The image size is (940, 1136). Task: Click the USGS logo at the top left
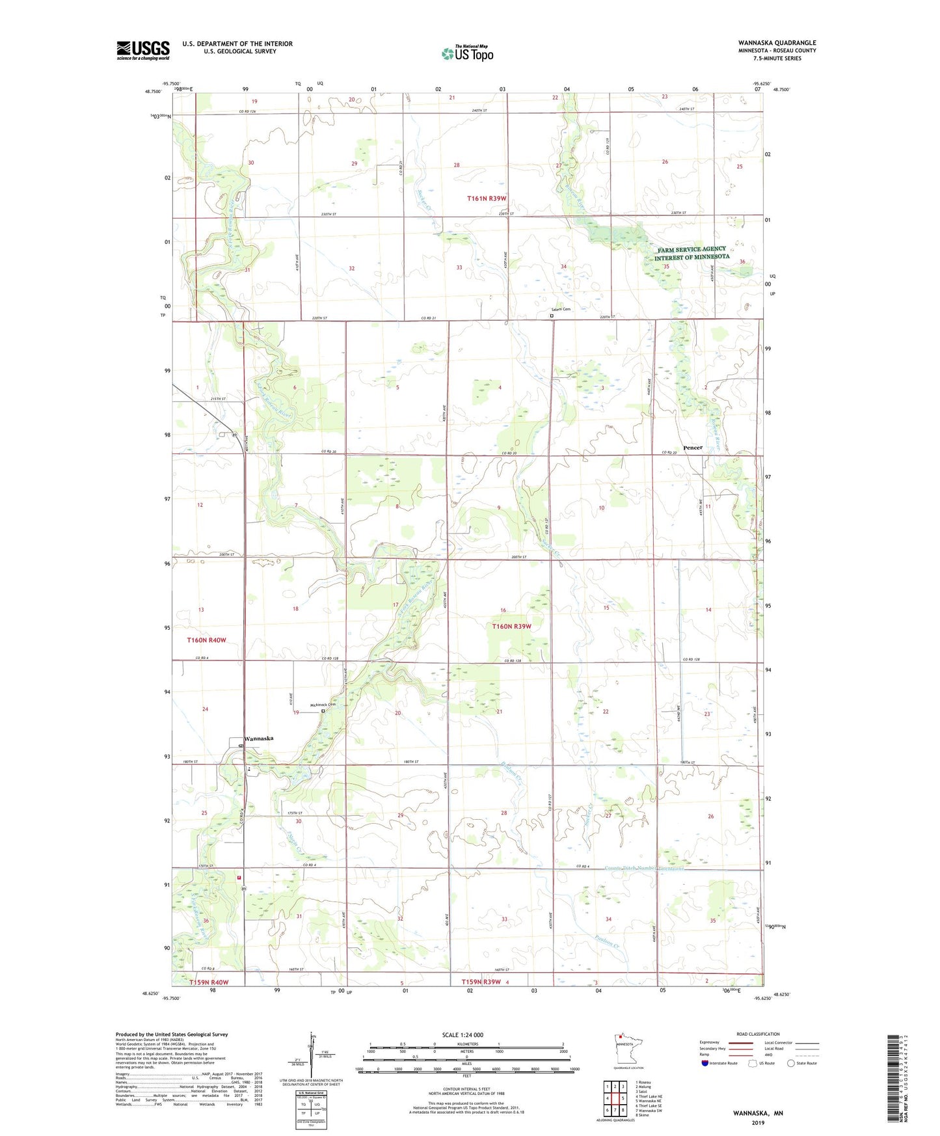(143, 50)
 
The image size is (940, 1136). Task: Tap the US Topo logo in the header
(468, 53)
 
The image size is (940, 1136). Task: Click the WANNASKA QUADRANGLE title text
(777, 43)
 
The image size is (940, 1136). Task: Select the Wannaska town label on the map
(259, 738)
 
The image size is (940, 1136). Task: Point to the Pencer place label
(693, 448)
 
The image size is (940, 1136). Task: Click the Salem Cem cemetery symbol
(552, 316)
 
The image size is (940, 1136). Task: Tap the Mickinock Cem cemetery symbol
(323, 711)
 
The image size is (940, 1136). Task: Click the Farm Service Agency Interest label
(692, 253)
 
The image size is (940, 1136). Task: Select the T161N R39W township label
(487, 198)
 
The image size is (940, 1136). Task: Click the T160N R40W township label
(207, 640)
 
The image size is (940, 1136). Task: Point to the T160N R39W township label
(511, 626)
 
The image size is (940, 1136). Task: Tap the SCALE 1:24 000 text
(463, 1035)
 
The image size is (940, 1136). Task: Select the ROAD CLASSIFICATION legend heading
(758, 1034)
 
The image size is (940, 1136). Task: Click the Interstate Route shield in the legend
(706, 1063)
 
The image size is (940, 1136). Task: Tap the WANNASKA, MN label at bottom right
(758, 1113)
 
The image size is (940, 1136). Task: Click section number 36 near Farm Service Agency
(742, 262)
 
